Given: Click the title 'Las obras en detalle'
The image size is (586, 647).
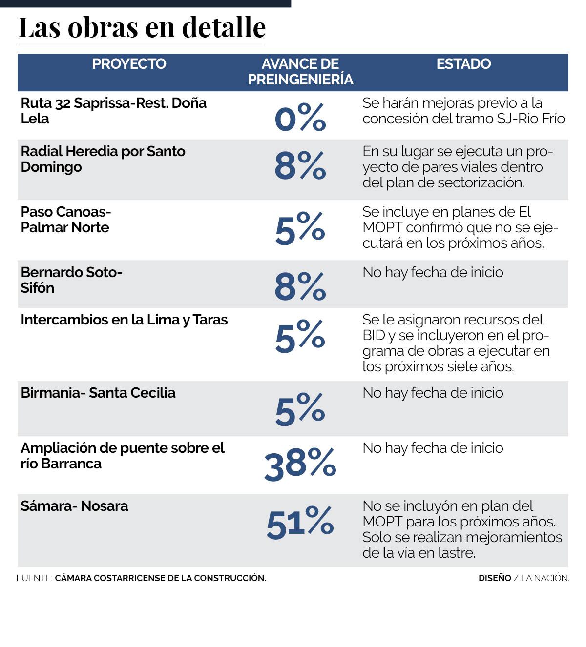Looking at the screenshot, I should [142, 27].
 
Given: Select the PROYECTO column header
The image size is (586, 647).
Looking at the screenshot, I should [129, 64].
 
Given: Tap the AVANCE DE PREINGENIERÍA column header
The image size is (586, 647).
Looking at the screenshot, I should [300, 72].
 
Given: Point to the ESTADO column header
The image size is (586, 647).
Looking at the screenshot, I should [463, 64].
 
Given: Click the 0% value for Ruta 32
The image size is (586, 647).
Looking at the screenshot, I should [300, 118].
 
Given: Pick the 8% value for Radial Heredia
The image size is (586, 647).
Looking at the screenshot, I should [300, 166].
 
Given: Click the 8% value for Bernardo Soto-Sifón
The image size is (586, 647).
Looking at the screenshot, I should [300, 286].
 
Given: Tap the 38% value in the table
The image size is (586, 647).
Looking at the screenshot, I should [300, 463].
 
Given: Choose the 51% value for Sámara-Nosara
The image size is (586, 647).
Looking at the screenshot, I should [300, 523].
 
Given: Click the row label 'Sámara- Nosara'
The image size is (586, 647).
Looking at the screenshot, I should [74, 506].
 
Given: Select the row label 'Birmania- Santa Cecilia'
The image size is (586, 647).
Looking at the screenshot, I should [98, 393].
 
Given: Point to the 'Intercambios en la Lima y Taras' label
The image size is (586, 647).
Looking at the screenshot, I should [124, 320].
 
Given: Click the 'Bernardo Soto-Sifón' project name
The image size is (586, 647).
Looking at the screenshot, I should [71, 280].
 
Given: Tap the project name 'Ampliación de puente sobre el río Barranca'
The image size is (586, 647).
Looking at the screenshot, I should [122, 455].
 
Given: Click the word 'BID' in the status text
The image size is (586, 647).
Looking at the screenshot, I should [374, 336].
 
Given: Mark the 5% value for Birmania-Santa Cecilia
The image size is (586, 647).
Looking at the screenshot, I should [300, 409].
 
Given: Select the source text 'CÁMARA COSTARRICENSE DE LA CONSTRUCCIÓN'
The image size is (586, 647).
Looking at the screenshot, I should [160, 578].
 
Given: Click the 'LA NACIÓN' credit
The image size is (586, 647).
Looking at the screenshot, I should [544, 578].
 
